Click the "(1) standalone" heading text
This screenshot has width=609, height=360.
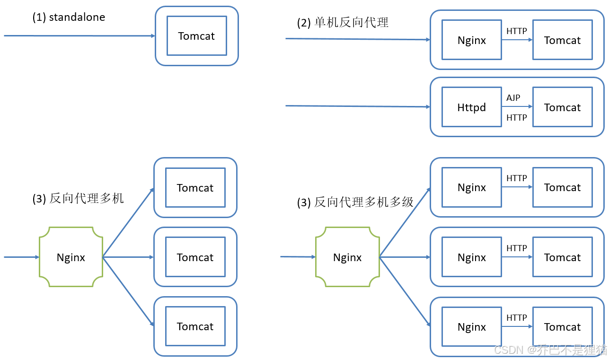pos(69,18)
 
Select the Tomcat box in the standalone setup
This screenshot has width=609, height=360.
pos(196,36)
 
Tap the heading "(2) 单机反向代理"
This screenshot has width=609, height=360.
pos(343,23)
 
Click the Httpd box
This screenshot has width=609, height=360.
pos(471,107)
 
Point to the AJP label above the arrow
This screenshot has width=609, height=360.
pos(513,98)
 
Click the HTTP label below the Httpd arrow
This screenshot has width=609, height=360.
pos(516,118)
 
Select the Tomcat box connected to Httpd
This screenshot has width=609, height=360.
pos(562,107)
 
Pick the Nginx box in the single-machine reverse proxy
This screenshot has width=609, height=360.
pos(471,40)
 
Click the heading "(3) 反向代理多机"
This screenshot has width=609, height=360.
pos(78,199)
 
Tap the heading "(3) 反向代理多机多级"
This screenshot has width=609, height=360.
pos(355,202)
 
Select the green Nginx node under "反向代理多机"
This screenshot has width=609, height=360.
pos(71,257)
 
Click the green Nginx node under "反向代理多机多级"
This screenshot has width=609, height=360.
pos(347,257)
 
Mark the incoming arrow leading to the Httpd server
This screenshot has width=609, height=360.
pos(357,106)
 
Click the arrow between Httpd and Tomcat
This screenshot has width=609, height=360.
pos(517,107)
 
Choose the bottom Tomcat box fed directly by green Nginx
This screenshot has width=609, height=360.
pos(195,326)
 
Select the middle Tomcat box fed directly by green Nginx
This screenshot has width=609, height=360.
pos(195,257)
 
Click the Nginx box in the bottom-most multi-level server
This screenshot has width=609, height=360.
pos(471,327)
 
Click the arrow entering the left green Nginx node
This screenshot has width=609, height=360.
pos(21,257)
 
